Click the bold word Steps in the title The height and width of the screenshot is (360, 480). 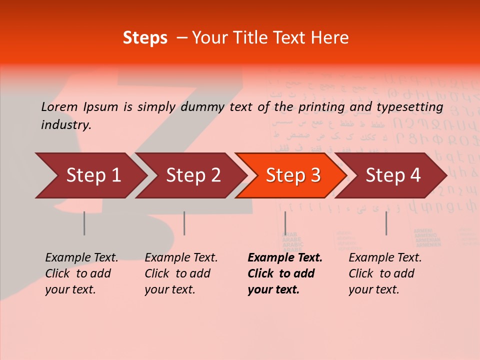(145, 38)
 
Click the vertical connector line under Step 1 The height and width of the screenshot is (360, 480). (84, 223)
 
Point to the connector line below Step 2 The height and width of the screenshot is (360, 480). (184, 223)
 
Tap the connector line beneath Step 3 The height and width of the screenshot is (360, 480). (285, 223)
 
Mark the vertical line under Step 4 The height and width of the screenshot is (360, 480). (386, 223)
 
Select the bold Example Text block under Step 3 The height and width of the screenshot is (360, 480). (284, 273)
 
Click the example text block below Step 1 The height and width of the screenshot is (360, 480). (81, 273)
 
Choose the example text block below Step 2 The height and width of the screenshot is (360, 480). (181, 273)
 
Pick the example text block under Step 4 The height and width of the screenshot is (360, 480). (385, 273)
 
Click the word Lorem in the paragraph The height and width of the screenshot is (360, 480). (59, 106)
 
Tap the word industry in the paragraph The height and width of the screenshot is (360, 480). (66, 125)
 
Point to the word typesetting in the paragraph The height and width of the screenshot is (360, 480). (409, 107)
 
